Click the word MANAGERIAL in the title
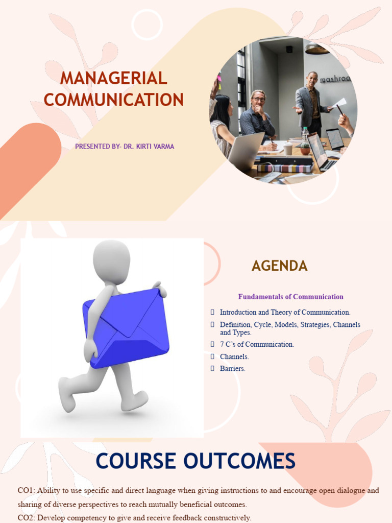pyautogui.click(x=113, y=78)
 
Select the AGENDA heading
pyautogui.click(x=279, y=266)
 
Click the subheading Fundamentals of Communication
pyautogui.click(x=290, y=297)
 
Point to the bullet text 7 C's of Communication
pyautogui.click(x=257, y=344)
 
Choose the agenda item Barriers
pyautogui.click(x=232, y=368)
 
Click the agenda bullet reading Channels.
pyautogui.click(x=234, y=356)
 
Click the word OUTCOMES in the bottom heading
pyautogui.click(x=239, y=461)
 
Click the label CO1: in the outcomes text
pyautogui.click(x=26, y=490)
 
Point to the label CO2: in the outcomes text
pyautogui.click(x=26, y=517)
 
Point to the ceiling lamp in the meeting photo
pyautogui.click(x=316, y=49)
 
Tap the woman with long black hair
pyautogui.click(x=222, y=123)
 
